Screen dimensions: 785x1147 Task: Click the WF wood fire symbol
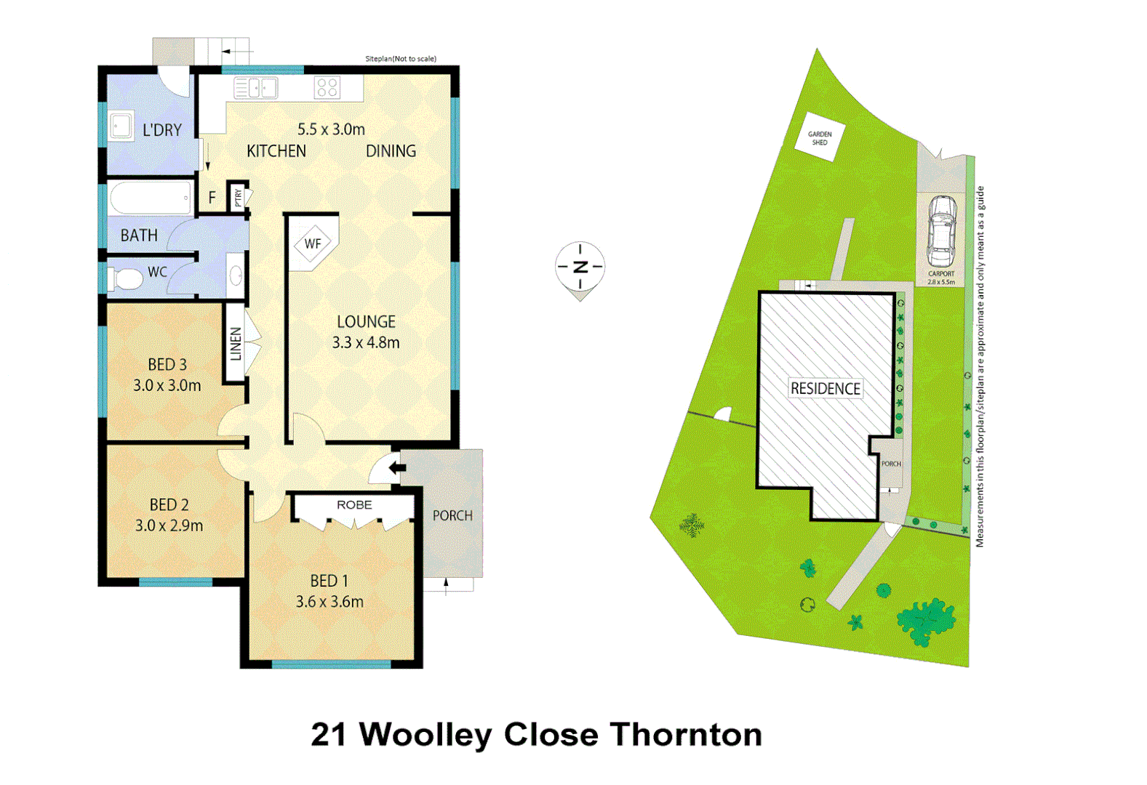(313, 244)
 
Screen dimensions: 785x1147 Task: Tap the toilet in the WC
(126, 278)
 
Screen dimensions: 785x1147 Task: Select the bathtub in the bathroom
(150, 198)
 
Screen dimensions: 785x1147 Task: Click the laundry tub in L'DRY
(121, 126)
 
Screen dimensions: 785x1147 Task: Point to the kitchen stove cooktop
(327, 88)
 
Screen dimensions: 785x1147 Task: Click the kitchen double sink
(256, 89)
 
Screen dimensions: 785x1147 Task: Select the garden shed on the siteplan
(820, 137)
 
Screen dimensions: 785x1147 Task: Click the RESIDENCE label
(826, 389)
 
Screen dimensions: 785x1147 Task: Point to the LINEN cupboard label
(236, 344)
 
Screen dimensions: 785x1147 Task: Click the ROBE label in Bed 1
(354, 505)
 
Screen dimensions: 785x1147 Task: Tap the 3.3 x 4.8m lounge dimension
(366, 342)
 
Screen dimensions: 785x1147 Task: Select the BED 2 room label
(169, 504)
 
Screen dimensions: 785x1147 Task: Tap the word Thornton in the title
(686, 735)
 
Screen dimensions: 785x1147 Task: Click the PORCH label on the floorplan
(452, 515)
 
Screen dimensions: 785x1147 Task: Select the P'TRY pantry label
(238, 197)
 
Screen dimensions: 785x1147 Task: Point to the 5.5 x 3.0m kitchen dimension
(331, 129)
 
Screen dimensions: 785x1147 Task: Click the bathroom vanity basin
(236, 275)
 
